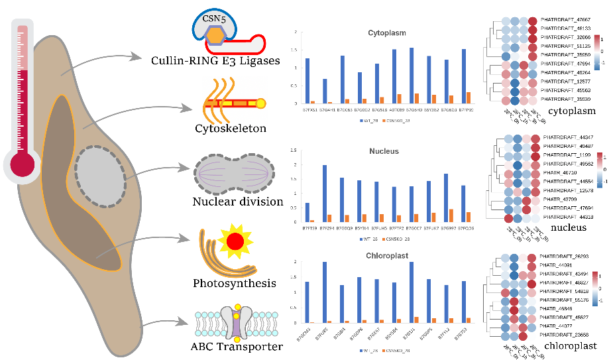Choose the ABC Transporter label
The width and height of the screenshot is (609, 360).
pyautogui.click(x=237, y=345)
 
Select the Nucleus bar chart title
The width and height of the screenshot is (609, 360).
pyautogui.click(x=384, y=151)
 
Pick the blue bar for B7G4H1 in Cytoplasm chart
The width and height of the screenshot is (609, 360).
pyautogui.click(x=325, y=91)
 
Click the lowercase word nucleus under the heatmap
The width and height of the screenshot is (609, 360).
pyautogui.click(x=568, y=227)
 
